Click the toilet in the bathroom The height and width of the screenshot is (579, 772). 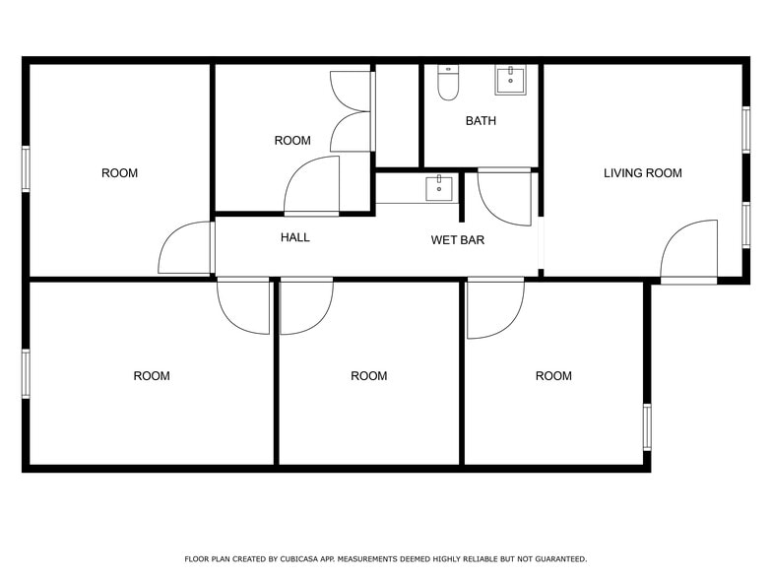448,84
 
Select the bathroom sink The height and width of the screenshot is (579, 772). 510,80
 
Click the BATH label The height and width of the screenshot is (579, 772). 481,121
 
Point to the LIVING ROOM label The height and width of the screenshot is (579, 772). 642,173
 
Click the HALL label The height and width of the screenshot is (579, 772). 294,237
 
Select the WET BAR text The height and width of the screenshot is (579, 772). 457,240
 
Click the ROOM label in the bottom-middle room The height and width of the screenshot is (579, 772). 368,376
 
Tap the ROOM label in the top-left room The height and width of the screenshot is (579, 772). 119,173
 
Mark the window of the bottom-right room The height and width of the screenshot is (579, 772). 646,426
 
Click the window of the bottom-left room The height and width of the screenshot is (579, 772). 26,373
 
